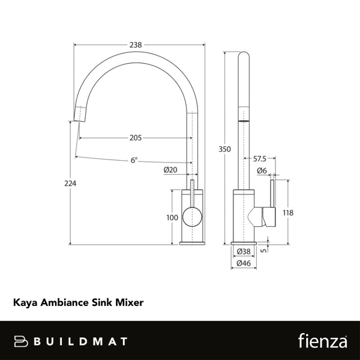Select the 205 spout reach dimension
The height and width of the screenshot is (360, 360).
coord(136,137)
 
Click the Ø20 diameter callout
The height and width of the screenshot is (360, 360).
coord(170,170)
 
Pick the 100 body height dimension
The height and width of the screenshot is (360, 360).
coord(172,217)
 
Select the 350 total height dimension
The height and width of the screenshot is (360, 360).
coord(224,148)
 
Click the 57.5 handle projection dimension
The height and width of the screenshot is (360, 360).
coord(260,159)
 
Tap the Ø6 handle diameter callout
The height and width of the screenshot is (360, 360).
coord(262,170)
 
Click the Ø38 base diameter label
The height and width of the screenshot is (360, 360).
coord(244,251)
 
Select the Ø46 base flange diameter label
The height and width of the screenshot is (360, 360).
coord(244,262)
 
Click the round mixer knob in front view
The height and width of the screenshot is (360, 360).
coord(192,215)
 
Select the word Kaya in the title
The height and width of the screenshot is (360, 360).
coord(23,304)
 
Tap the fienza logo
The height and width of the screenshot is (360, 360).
coord(322,341)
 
